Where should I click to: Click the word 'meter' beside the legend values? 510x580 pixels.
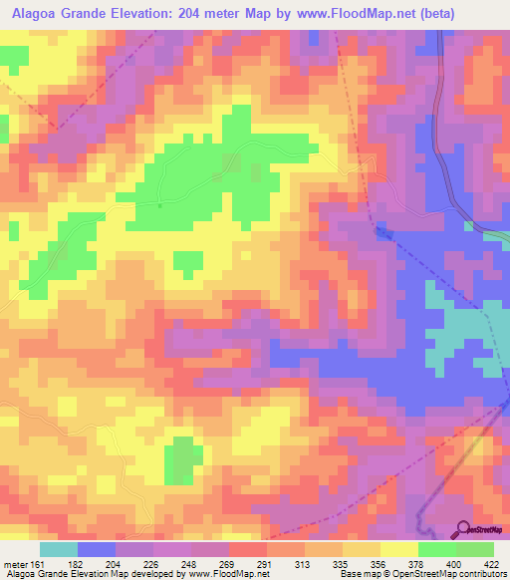tap(14, 563)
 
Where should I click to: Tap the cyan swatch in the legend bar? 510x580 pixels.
tap(59, 549)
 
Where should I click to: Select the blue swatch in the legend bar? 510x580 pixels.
tap(97, 549)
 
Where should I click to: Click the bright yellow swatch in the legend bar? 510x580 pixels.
tap(399, 549)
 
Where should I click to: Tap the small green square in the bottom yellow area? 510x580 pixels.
tap(179, 459)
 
